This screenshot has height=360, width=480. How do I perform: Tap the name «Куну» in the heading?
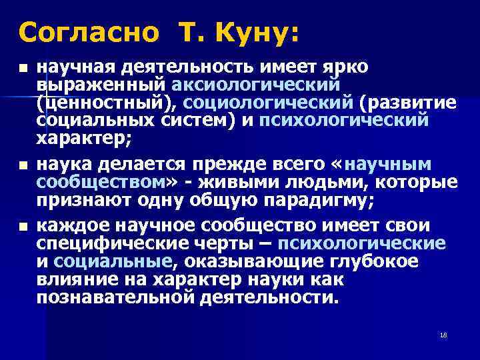(x=255, y=31)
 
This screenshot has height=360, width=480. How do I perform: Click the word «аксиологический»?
(x=257, y=86)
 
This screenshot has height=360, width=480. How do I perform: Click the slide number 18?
(x=443, y=335)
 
